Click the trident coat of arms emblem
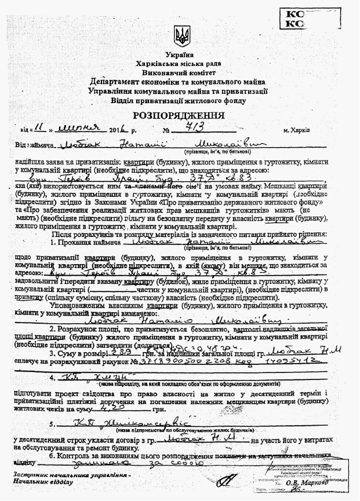tap(181, 36)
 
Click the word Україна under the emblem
tap(181, 54)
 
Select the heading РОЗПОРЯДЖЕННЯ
tap(181, 115)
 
